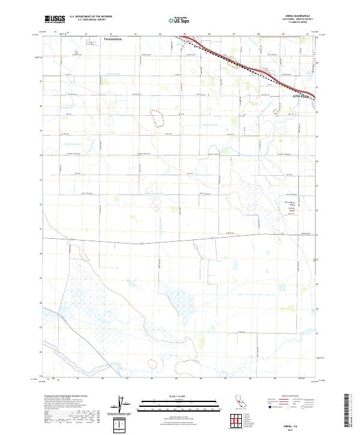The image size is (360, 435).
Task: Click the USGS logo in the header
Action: [x=55, y=20]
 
